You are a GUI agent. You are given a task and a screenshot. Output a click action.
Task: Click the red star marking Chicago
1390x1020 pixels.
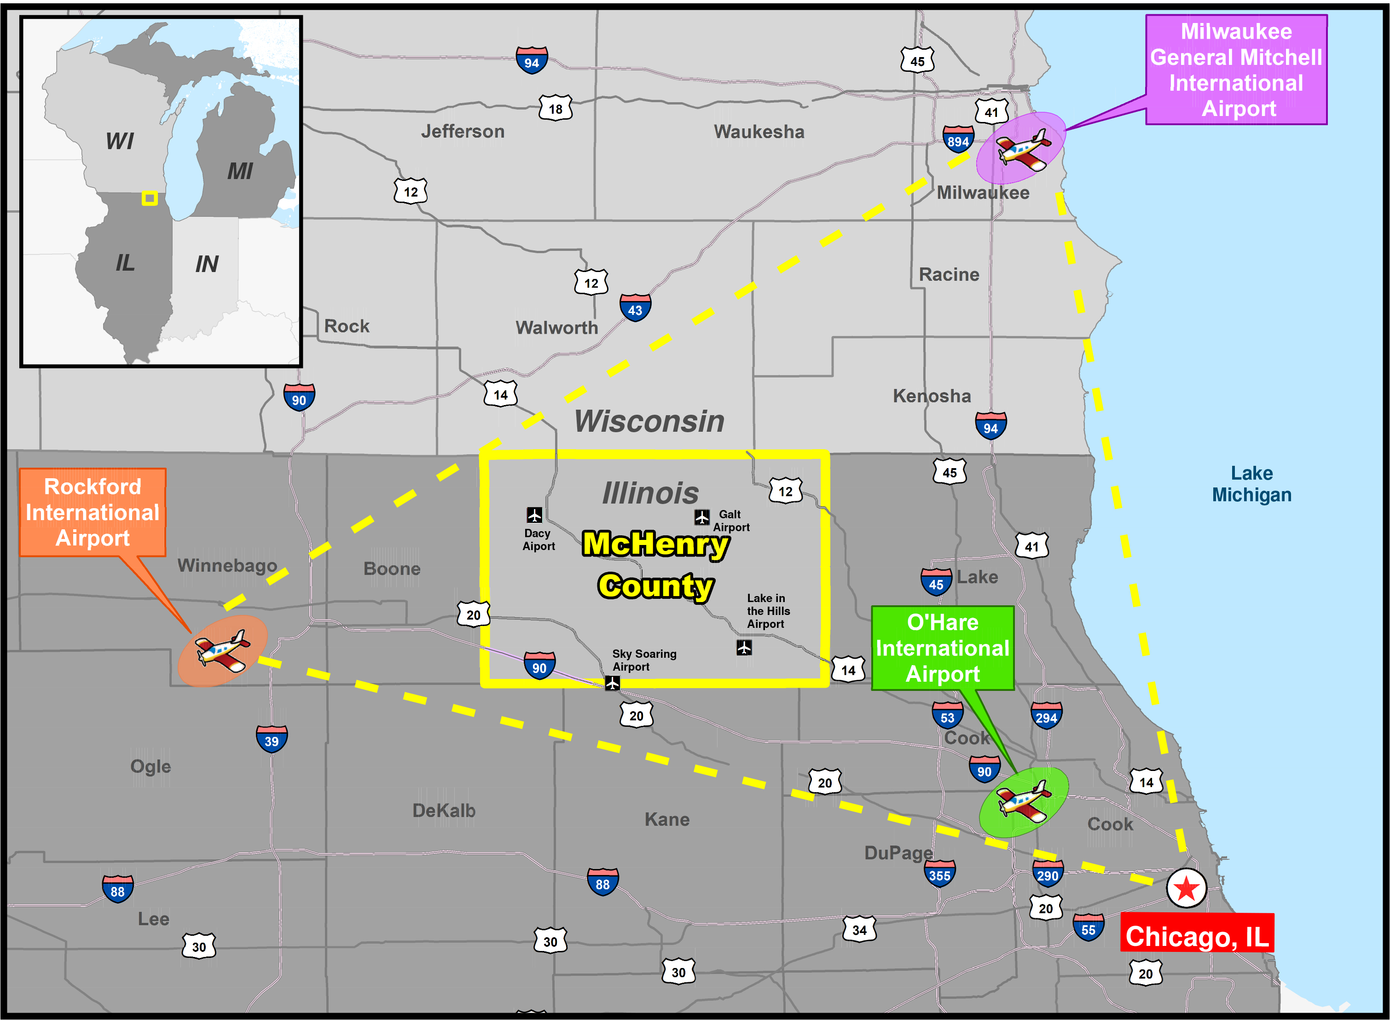(1186, 888)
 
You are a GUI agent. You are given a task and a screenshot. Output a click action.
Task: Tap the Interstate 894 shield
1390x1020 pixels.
(957, 139)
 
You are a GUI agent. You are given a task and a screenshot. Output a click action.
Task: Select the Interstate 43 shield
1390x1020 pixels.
(635, 308)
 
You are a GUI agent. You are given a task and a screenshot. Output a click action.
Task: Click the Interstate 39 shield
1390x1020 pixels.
(272, 739)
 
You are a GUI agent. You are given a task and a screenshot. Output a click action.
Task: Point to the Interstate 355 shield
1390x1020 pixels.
(939, 874)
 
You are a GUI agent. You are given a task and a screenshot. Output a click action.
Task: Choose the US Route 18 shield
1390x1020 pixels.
(556, 109)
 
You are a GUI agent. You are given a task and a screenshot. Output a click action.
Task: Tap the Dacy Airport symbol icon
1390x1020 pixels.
(534, 514)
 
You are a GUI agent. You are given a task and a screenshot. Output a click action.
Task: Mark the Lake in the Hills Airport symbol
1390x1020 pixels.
(744, 647)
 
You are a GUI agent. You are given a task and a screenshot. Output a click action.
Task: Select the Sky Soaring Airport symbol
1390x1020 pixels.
(612, 683)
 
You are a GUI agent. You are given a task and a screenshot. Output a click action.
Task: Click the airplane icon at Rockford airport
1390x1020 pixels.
(223, 650)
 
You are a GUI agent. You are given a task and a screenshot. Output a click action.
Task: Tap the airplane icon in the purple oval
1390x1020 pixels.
(1023, 148)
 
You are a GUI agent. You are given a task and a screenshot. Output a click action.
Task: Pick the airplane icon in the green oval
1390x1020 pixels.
(1023, 801)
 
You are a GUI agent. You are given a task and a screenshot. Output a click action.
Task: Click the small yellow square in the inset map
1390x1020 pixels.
(150, 198)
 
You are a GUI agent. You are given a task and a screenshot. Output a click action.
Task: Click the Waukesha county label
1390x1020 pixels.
(759, 132)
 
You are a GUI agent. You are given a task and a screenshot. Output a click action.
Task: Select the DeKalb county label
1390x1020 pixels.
(444, 810)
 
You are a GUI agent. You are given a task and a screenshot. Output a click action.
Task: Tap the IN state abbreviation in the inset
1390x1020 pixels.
(207, 264)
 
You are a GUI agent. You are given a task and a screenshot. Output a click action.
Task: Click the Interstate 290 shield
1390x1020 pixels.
(1048, 874)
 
